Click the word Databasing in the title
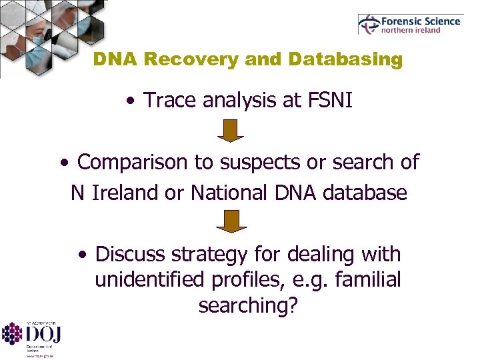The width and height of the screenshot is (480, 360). pos(345,60)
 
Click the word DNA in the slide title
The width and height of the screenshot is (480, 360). pos(117,60)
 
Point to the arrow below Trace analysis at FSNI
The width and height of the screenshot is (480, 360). pos(230,130)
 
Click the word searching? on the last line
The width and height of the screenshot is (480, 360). pos(249,305)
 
